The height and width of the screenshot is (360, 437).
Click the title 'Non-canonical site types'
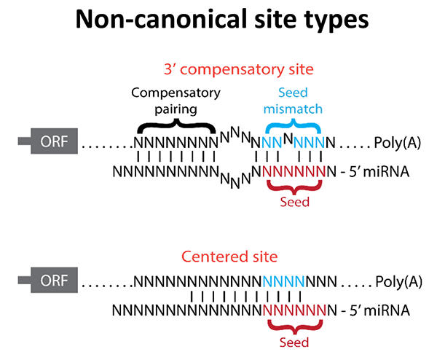219,22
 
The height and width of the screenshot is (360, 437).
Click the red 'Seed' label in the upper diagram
294,202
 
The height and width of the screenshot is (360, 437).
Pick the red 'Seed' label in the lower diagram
294,343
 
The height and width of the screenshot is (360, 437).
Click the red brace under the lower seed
294,327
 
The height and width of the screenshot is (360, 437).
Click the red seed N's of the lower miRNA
295,311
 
